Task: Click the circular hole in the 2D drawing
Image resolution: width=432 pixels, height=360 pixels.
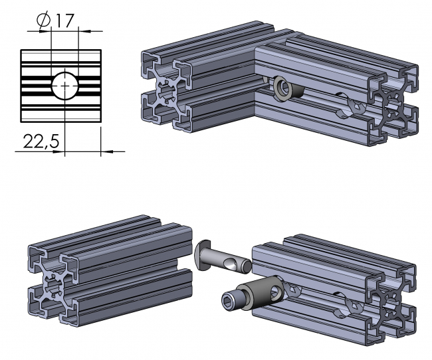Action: (x=64, y=85)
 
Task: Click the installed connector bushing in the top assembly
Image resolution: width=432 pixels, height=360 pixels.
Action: (x=283, y=88)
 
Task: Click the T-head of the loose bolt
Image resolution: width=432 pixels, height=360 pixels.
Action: (x=205, y=254)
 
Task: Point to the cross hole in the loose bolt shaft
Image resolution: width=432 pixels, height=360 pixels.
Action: (x=230, y=265)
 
